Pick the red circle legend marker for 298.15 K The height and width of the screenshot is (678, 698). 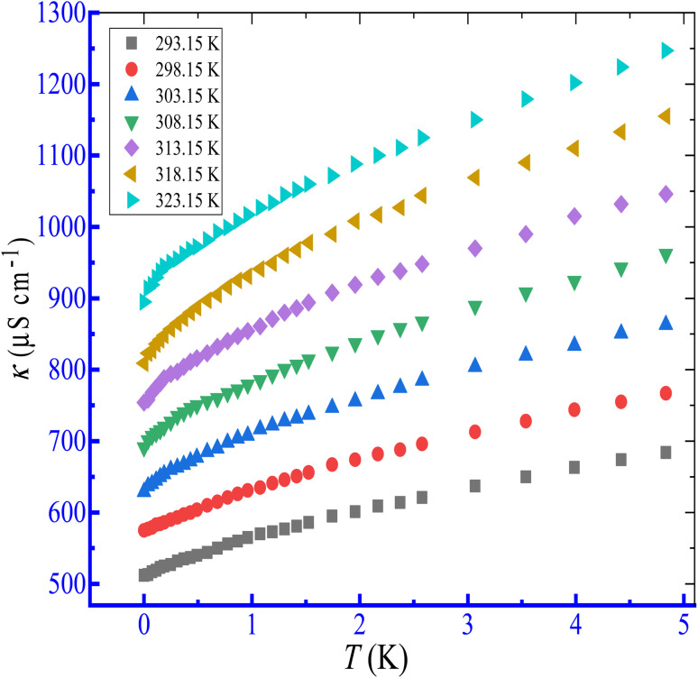click(x=132, y=68)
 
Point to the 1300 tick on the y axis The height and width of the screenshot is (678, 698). click(x=60, y=14)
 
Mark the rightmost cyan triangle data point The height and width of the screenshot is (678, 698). click(x=667, y=51)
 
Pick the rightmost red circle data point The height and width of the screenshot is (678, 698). click(x=666, y=393)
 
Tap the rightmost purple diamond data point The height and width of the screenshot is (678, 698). click(x=666, y=194)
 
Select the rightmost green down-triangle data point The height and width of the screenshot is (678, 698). click(x=666, y=256)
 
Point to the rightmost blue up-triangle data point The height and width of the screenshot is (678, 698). click(x=666, y=323)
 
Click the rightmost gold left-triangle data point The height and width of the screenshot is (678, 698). click(x=665, y=116)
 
